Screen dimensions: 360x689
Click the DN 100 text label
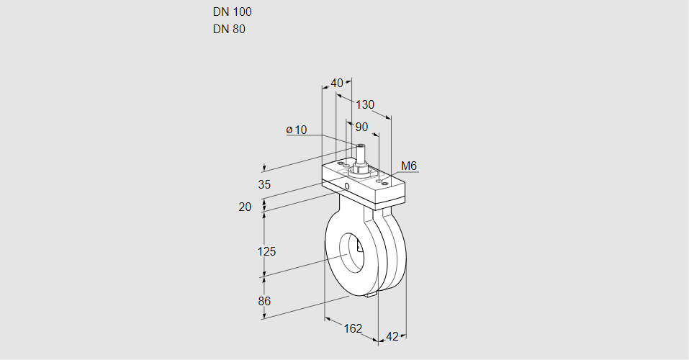click(232, 12)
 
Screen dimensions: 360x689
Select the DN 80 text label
click(229, 30)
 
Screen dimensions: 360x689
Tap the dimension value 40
click(336, 83)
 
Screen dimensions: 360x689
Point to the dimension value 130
click(365, 105)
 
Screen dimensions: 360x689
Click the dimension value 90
click(361, 127)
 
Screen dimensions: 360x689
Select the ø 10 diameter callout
click(296, 130)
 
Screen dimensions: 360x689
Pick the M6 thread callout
click(409, 166)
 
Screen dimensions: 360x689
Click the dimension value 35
click(264, 184)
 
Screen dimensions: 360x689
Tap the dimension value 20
click(245, 207)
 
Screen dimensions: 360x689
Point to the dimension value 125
click(267, 251)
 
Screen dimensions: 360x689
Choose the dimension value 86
click(264, 301)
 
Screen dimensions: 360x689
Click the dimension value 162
click(352, 328)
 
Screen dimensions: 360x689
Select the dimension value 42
click(392, 336)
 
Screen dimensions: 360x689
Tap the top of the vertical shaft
click(359, 146)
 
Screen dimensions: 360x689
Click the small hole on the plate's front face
click(348, 186)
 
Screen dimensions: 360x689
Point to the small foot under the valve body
click(371, 294)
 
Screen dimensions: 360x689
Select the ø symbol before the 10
click(289, 130)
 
